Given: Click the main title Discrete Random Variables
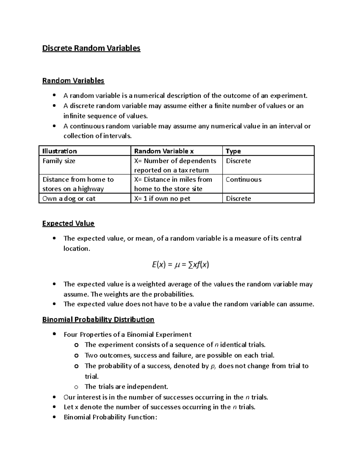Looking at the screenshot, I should [x=91, y=48].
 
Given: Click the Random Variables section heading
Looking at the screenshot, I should [x=73, y=81].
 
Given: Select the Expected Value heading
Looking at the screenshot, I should [x=68, y=224].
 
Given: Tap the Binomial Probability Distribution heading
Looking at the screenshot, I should [x=98, y=320].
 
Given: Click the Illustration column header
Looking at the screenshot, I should [x=60, y=151].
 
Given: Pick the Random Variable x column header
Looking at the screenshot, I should [x=164, y=151].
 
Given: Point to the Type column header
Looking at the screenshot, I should [x=233, y=151].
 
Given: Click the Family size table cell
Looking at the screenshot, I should [x=59, y=161].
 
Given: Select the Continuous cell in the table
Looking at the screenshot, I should [x=243, y=180].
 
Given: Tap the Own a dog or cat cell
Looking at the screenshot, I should [x=69, y=199].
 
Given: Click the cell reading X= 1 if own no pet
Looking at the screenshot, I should [x=162, y=199].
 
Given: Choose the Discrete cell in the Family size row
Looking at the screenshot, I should [x=238, y=161].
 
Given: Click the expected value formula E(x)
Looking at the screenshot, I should [x=180, y=265].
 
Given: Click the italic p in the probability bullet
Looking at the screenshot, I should [x=213, y=366].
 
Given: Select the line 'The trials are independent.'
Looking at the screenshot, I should [x=126, y=386].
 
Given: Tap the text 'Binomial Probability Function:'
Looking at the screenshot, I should [x=110, y=417].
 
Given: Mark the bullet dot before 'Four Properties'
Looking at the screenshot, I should [x=54, y=334].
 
